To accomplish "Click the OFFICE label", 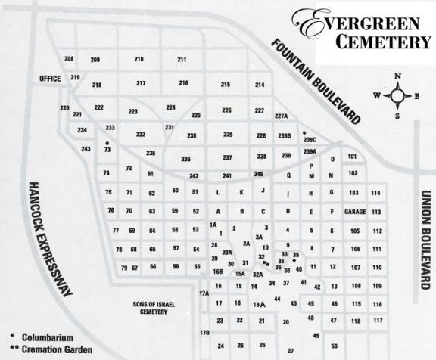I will point(50,79).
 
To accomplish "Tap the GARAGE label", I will point(355,212).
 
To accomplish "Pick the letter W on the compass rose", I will point(376,95).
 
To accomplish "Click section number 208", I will point(69,59).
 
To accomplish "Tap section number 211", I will point(182,60).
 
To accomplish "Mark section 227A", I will point(282,116).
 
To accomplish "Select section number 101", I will point(353,156).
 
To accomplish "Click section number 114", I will point(375,193).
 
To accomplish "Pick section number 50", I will point(334,346).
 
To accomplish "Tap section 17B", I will point(204,333).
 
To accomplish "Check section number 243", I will point(86,149).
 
